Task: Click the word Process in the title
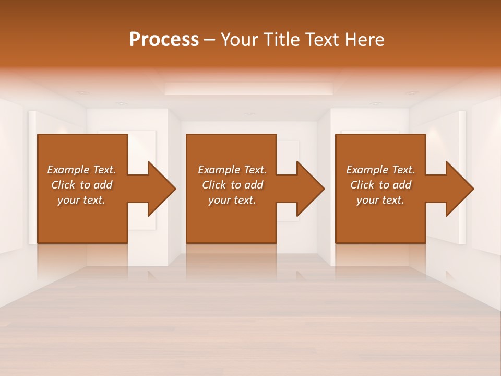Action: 164,40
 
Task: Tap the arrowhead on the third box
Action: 459,189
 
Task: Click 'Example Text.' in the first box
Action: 82,170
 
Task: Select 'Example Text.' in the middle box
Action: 232,170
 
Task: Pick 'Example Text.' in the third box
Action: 380,170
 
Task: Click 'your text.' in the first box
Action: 82,200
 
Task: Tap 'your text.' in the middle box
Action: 232,200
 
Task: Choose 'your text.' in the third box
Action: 380,200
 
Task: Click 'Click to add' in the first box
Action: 82,185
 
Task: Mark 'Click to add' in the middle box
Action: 232,185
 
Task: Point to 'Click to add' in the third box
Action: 380,185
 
